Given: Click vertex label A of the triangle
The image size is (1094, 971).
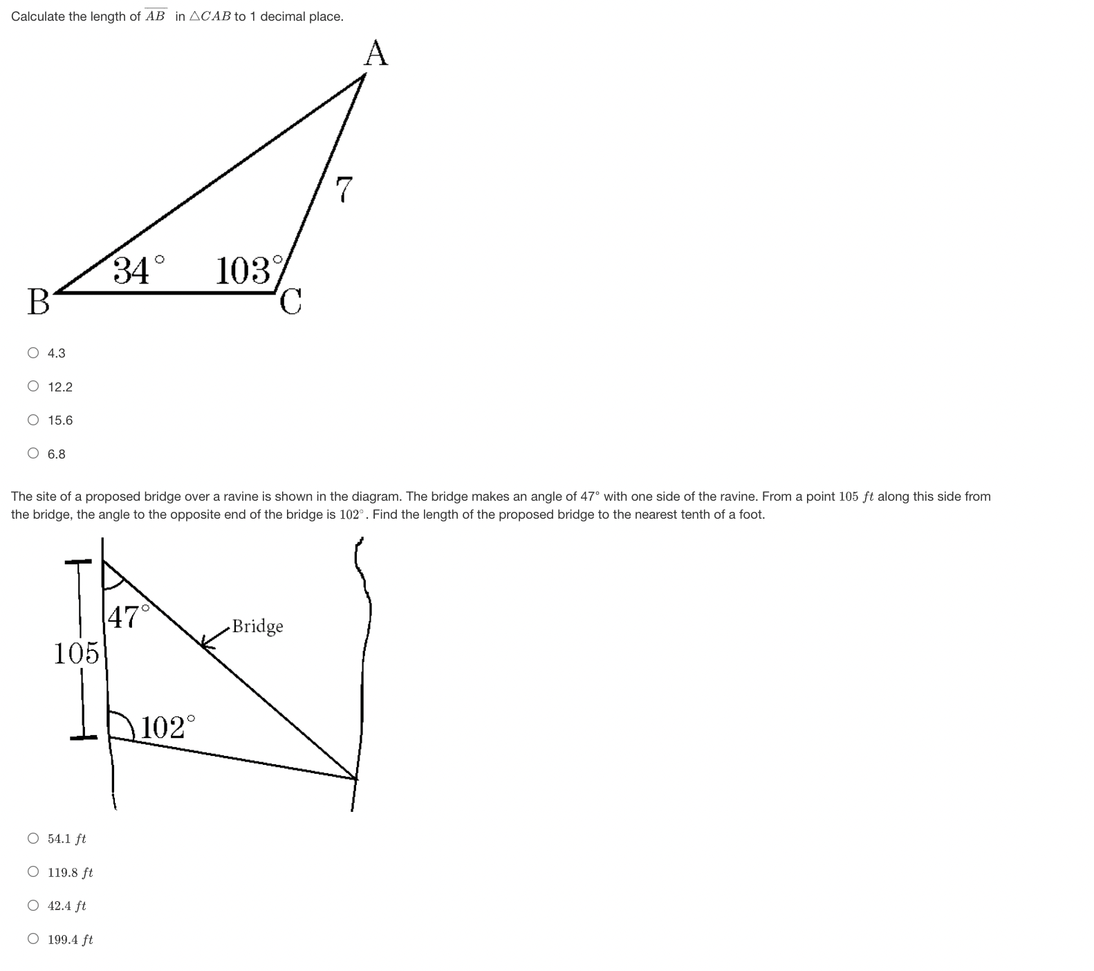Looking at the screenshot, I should tap(376, 53).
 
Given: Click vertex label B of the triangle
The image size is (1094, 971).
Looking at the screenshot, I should tap(39, 302).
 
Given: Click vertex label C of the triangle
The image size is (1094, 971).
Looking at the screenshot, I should tap(291, 302).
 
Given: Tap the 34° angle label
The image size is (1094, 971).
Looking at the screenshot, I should tap(138, 270).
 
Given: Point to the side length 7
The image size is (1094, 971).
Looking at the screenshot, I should tap(344, 190).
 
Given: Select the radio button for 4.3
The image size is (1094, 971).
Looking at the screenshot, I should tap(33, 353).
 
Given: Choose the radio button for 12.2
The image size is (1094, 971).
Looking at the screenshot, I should tap(33, 387).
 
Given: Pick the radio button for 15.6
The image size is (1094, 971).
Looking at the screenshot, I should tap(33, 420).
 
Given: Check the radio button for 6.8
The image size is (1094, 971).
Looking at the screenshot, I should tap(33, 454).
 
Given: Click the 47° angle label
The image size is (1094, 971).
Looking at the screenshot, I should tap(129, 616).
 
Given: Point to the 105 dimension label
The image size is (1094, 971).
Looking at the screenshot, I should tap(76, 653).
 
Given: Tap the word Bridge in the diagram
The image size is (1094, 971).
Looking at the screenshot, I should tap(257, 627).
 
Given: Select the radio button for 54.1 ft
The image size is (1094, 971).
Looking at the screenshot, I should tap(33, 838).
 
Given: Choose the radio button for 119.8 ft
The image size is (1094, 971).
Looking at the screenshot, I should tap(33, 872).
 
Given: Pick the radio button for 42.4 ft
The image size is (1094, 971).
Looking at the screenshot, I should tap(33, 905).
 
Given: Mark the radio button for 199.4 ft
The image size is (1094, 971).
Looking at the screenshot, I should tap(33, 939).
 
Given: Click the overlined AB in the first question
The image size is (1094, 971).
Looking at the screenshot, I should tap(156, 16).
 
